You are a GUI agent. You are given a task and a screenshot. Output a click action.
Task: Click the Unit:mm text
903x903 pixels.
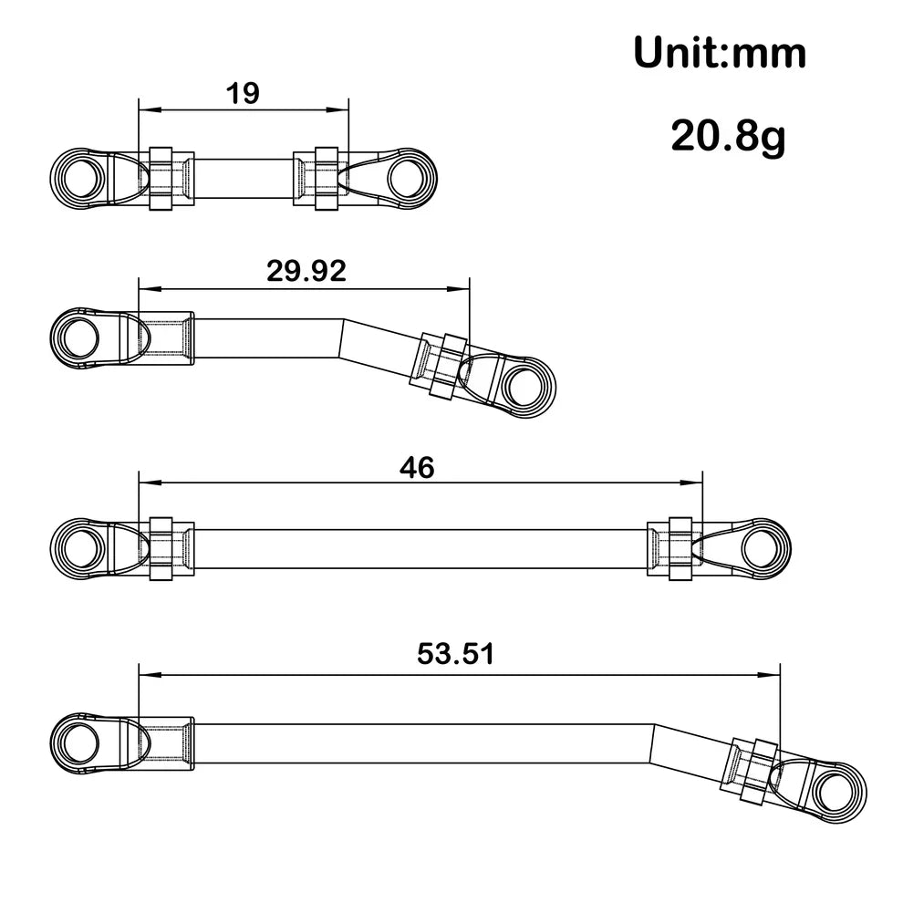(x=720, y=53)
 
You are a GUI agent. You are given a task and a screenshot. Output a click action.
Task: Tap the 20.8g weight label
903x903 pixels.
(x=728, y=137)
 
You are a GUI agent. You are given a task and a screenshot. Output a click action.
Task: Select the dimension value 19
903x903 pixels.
(x=243, y=93)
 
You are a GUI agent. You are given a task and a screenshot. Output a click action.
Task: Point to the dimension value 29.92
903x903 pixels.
(x=306, y=271)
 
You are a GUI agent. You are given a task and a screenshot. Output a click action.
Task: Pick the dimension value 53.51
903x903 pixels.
(x=454, y=654)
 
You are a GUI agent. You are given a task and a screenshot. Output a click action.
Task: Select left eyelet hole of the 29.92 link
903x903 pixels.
(x=78, y=337)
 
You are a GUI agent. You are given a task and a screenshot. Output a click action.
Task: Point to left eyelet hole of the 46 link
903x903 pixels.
(x=78, y=548)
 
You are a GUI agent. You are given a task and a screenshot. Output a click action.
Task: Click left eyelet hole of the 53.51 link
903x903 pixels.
(x=78, y=739)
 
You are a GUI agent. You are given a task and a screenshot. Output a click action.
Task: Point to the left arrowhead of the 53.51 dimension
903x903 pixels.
(x=146, y=675)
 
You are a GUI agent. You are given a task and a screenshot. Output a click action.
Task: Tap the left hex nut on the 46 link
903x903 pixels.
(x=161, y=548)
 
